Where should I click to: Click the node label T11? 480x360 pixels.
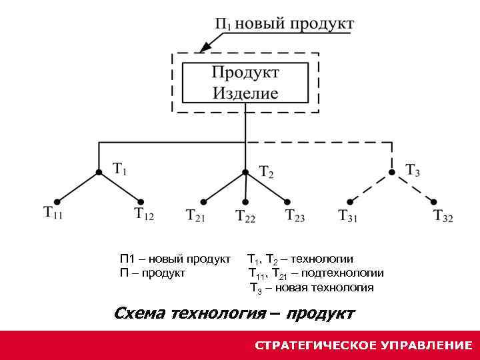[x=53, y=213]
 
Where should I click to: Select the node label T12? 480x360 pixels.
[x=144, y=214]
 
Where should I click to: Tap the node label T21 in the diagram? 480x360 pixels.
[x=196, y=215]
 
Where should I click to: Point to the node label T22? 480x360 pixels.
[x=245, y=216]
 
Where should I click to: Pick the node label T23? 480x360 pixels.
[x=295, y=215]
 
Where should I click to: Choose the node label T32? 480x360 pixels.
[x=443, y=216]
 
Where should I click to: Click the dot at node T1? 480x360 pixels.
[x=99, y=171]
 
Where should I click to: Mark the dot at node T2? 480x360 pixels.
[x=245, y=171]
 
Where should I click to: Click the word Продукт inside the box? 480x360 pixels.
[x=245, y=72]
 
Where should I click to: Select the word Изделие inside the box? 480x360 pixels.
[x=245, y=93]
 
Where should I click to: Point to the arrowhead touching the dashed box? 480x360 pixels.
[x=202, y=49]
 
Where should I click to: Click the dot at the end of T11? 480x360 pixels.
[x=57, y=201]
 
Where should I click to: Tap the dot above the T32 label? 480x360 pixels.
[x=434, y=201]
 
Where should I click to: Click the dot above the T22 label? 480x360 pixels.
[x=245, y=202]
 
